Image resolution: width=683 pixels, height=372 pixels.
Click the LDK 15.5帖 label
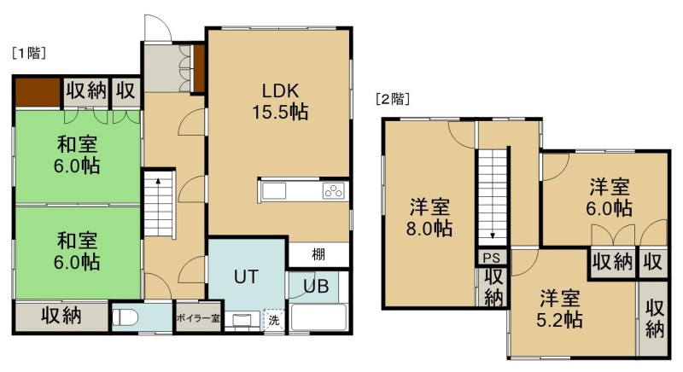click(x=281, y=102)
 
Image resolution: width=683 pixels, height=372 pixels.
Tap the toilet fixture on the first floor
click(x=125, y=317)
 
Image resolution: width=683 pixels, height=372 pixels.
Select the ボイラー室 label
click(x=198, y=318)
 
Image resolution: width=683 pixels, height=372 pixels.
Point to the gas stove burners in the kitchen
click(x=333, y=191)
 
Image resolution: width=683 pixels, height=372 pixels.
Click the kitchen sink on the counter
click(x=274, y=191)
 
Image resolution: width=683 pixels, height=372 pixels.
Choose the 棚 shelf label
click(x=318, y=254)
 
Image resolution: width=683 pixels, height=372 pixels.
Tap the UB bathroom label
click(x=316, y=287)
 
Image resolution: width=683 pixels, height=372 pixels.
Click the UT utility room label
click(x=246, y=276)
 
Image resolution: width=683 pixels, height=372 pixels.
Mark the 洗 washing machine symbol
click(x=273, y=320)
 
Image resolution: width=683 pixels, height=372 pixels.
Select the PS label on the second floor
click(x=492, y=258)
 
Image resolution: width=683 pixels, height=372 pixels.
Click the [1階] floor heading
click(x=29, y=53)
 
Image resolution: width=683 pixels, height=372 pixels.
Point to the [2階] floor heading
click(x=393, y=99)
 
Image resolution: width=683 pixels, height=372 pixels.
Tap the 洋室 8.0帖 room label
click(x=429, y=218)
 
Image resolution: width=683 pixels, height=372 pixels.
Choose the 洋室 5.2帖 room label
click(x=560, y=309)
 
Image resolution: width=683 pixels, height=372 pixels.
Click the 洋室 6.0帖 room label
click(x=609, y=197)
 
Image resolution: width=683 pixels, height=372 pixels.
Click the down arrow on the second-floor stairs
click(x=493, y=235)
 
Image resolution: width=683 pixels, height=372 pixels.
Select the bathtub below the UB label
click(x=318, y=317)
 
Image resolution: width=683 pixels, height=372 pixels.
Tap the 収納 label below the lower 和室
click(x=61, y=315)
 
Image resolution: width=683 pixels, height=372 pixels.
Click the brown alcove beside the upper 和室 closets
click(x=38, y=92)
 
